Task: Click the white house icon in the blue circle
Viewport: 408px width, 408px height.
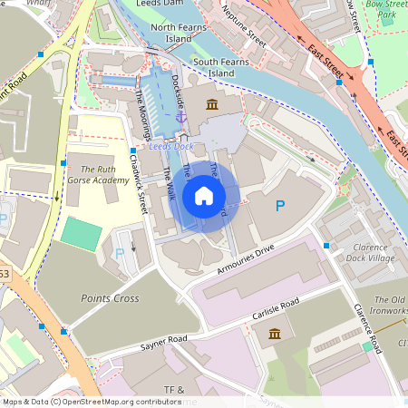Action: [x=204, y=195]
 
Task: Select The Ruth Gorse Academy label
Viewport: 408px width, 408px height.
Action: [x=98, y=174]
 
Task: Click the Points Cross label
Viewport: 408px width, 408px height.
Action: [x=110, y=297]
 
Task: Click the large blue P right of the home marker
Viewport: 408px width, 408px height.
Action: [x=279, y=207]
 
